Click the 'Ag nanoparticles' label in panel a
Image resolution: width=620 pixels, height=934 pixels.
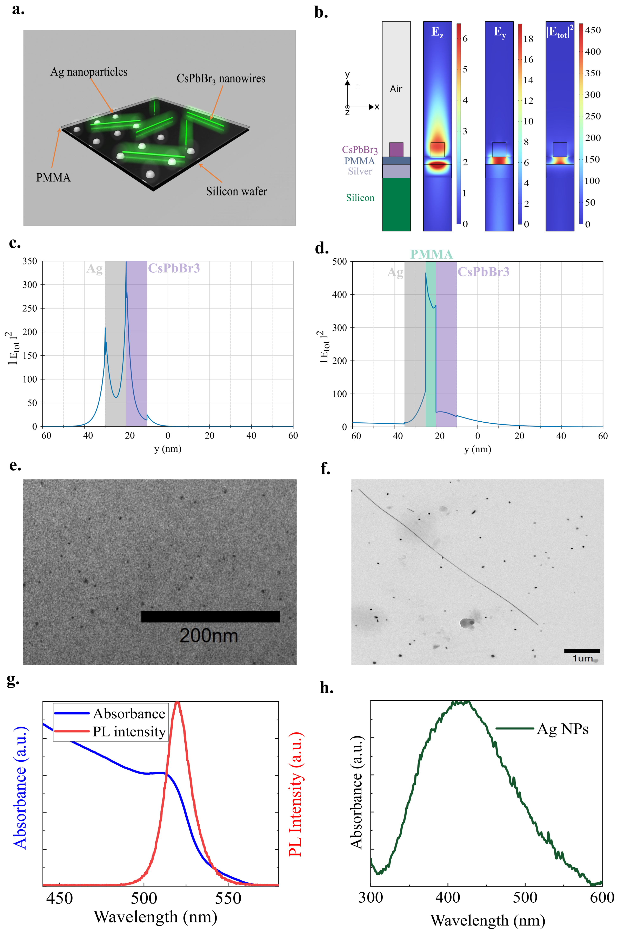(89, 72)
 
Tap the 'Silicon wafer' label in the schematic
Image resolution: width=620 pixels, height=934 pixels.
(236, 192)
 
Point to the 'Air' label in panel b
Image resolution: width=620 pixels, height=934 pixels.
(396, 89)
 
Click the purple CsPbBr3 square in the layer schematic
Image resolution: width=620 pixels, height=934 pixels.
(396, 150)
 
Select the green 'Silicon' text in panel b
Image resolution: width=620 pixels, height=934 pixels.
(360, 198)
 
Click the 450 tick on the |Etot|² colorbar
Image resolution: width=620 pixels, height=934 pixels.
(593, 31)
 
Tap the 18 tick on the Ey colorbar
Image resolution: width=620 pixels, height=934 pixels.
(528, 39)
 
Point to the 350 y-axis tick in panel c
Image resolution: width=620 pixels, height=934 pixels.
(30, 261)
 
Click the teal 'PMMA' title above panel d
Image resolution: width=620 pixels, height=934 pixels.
(431, 254)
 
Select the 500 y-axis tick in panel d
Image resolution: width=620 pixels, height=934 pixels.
(339, 262)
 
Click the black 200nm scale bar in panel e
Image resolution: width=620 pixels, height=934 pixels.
(210, 617)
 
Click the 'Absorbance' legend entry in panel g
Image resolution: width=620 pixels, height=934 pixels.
(129, 714)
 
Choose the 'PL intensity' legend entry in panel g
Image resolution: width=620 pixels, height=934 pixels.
(129, 732)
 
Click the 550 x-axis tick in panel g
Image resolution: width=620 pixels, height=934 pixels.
(228, 898)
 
